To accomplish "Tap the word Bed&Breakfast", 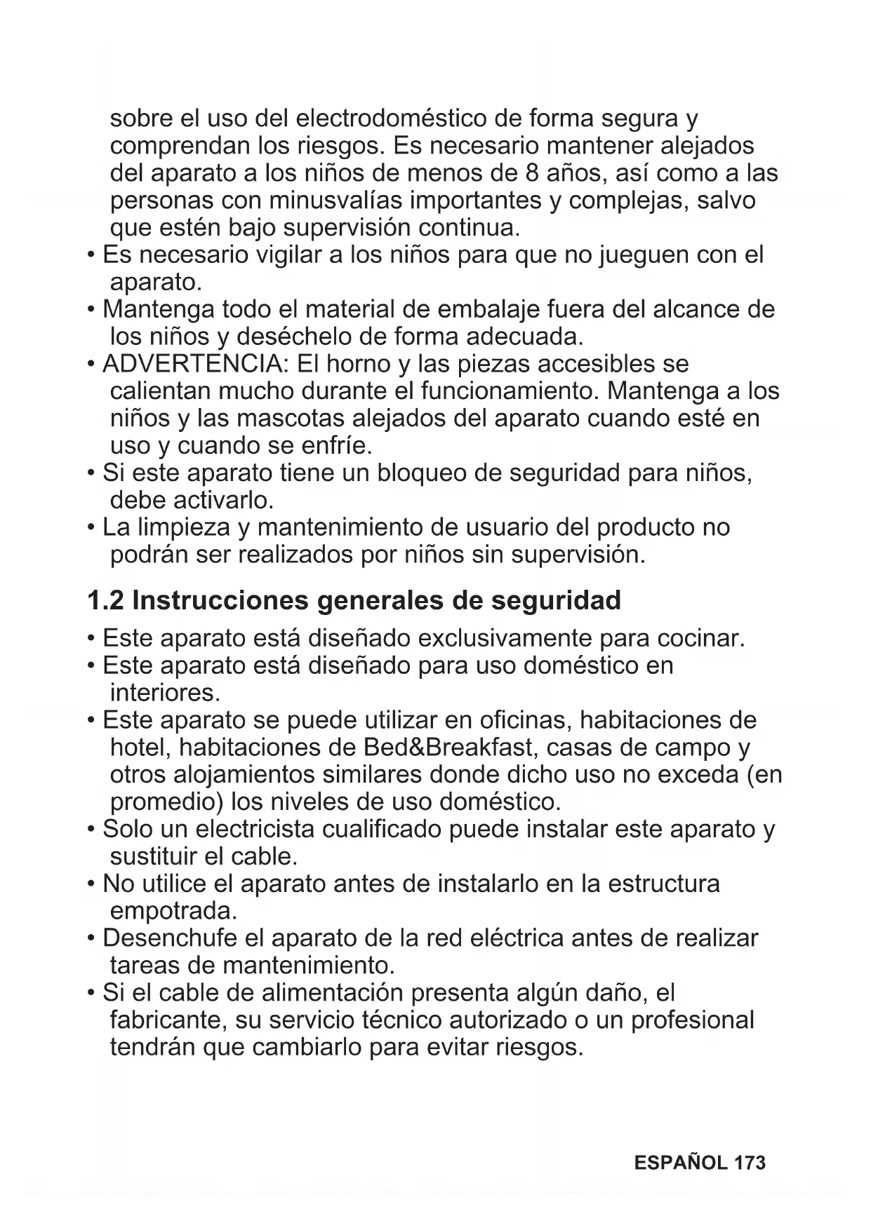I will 448,748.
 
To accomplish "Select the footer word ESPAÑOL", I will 680,1163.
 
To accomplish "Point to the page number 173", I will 750,1163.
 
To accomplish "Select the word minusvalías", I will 336,201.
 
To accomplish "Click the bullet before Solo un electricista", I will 92,830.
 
